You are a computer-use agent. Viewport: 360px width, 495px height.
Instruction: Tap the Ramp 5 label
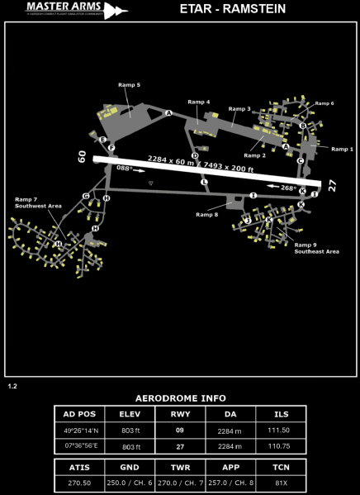(127, 84)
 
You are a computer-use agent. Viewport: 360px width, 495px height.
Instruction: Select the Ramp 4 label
(198, 102)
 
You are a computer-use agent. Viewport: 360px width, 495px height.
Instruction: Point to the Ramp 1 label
(342, 149)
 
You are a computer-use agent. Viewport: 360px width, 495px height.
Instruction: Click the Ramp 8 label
(207, 214)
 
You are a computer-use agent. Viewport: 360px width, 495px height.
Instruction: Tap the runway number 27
(332, 186)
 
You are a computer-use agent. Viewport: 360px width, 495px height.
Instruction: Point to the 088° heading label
(124, 168)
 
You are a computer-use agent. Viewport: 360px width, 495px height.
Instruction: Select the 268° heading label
(288, 188)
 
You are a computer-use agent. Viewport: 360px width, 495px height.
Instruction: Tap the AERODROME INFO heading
(180, 397)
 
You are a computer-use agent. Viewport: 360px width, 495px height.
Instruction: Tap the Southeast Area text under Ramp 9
(316, 251)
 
